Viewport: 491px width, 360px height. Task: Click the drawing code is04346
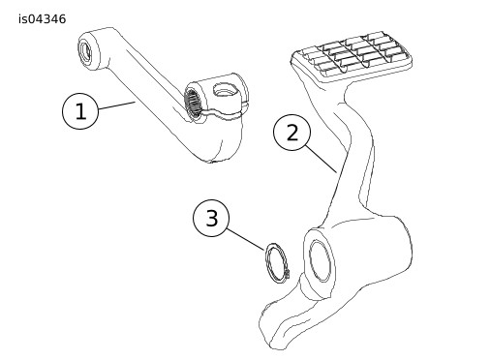pyautogui.click(x=42, y=19)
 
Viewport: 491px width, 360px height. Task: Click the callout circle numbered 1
pyautogui.click(x=80, y=111)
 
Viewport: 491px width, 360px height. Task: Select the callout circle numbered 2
pyautogui.click(x=292, y=133)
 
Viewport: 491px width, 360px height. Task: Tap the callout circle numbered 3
pyautogui.click(x=211, y=218)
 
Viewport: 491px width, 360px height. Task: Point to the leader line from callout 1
pyautogui.click(x=116, y=105)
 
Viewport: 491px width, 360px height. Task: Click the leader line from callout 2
pyautogui.click(x=322, y=160)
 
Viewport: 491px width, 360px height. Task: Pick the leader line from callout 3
pyautogui.click(x=245, y=239)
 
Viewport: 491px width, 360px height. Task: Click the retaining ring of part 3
pyautogui.click(x=277, y=263)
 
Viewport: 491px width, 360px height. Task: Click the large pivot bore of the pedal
pyautogui.click(x=320, y=260)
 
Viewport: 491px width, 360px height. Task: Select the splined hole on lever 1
pyautogui.click(x=193, y=103)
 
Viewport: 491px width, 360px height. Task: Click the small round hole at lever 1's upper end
pyautogui.click(x=86, y=52)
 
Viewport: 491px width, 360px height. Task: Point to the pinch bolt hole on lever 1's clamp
pyautogui.click(x=226, y=89)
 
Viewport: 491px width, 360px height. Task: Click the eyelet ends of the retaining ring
pyautogui.click(x=287, y=274)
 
